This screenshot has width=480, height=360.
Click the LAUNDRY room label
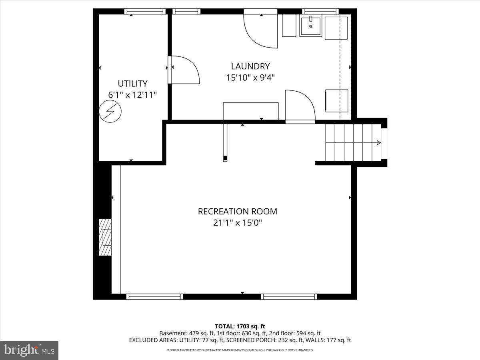[250, 66]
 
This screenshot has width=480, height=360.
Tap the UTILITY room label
[132, 84]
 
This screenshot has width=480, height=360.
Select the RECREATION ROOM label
[237, 211]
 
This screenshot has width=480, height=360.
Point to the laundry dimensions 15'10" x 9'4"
[250, 78]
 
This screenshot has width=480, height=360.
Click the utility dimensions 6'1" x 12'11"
[132, 95]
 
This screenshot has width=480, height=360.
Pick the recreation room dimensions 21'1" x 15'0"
[237, 222]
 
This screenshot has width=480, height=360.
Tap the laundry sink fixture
[311, 26]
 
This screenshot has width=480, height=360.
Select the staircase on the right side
[352, 142]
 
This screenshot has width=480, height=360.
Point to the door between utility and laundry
[183, 70]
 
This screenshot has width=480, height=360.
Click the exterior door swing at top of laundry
[261, 30]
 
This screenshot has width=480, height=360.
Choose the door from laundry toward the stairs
[300, 106]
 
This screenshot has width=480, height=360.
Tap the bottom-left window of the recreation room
[154, 296]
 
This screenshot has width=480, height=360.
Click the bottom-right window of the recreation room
[289, 296]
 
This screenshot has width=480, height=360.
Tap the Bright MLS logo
[29, 350]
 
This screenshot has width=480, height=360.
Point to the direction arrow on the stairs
[378, 142]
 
